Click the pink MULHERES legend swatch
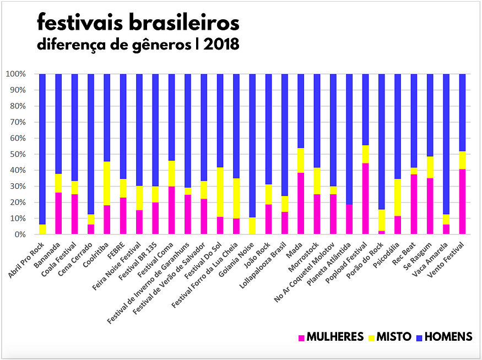[x=301, y=337]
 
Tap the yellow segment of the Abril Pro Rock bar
[x=42, y=230]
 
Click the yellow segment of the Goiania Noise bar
[x=252, y=226]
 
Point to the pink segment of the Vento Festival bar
[x=462, y=201]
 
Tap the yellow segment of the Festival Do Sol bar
[x=220, y=192]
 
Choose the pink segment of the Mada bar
[x=301, y=204]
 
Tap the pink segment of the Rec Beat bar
[x=414, y=204]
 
